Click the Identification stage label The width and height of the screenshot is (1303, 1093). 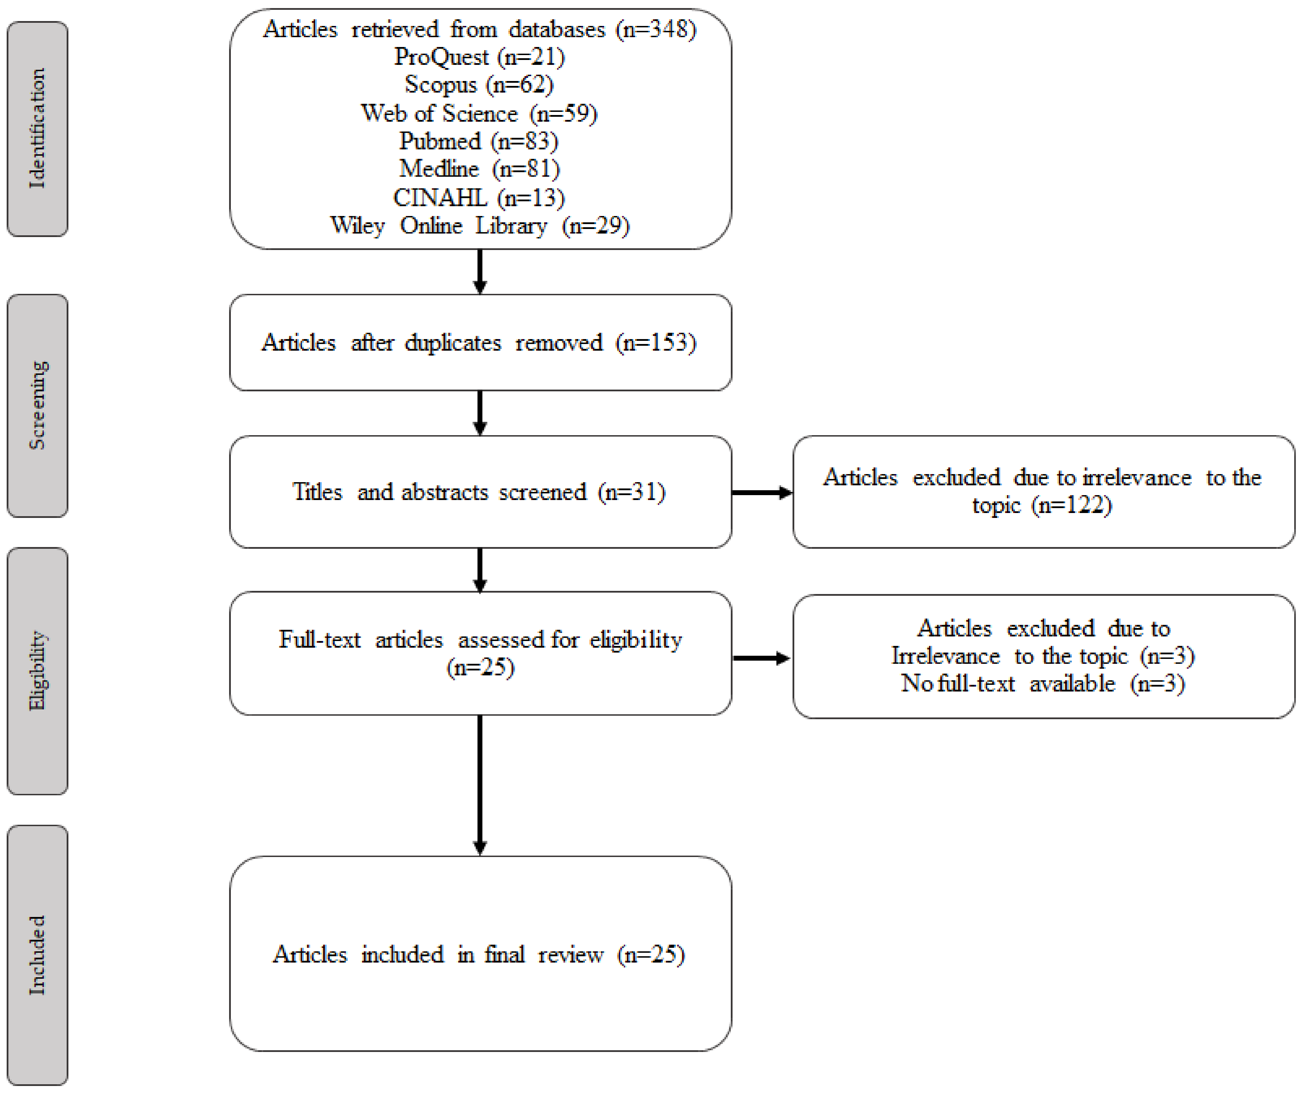[37, 128]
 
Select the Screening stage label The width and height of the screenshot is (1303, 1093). [37, 405]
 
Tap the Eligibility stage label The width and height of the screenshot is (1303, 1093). [37, 670]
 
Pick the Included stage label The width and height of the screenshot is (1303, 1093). [37, 955]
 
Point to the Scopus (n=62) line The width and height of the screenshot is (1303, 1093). [479, 85]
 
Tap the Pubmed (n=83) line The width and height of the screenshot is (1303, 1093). [479, 141]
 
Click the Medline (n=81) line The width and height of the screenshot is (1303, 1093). [479, 169]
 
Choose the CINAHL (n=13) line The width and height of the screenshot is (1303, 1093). [479, 198]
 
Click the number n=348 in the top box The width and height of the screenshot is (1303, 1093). [656, 29]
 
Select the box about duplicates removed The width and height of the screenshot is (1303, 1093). [480, 342]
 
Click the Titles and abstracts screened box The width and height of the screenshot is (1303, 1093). [480, 492]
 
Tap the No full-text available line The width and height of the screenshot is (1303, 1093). [1042, 683]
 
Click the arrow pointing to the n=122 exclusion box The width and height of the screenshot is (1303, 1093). [762, 493]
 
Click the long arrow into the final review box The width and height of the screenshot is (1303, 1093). [480, 785]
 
